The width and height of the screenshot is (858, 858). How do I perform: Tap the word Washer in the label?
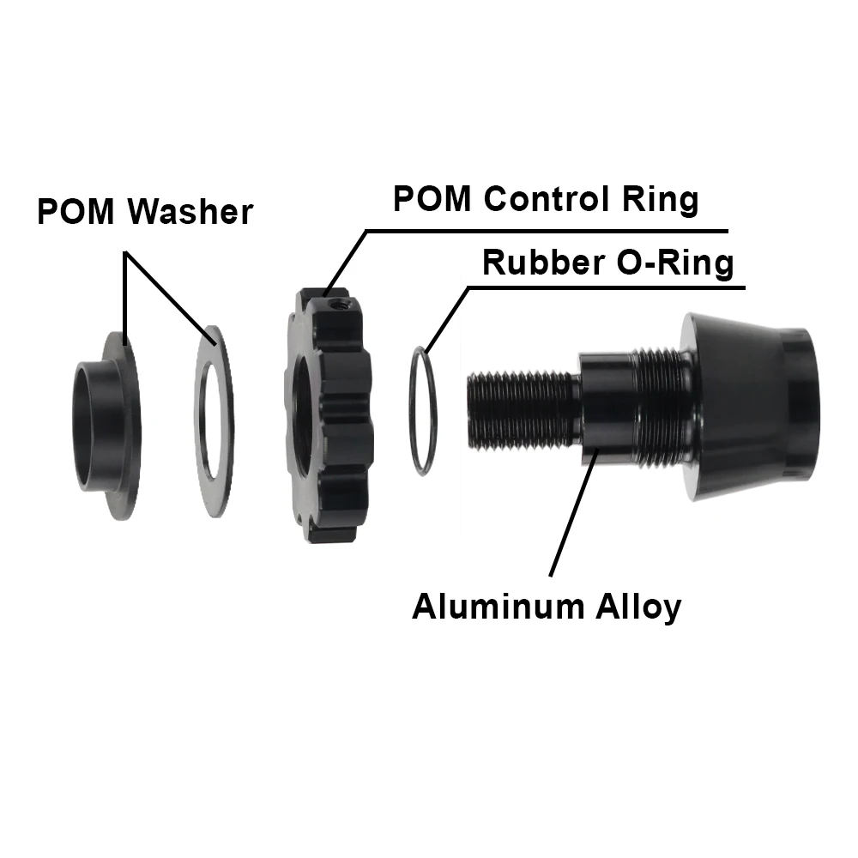tap(190, 212)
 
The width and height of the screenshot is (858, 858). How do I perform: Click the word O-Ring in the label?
tap(677, 263)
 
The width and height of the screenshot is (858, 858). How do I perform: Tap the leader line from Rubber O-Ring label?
tap(446, 317)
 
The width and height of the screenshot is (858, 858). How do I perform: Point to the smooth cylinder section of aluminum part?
tap(609, 412)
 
